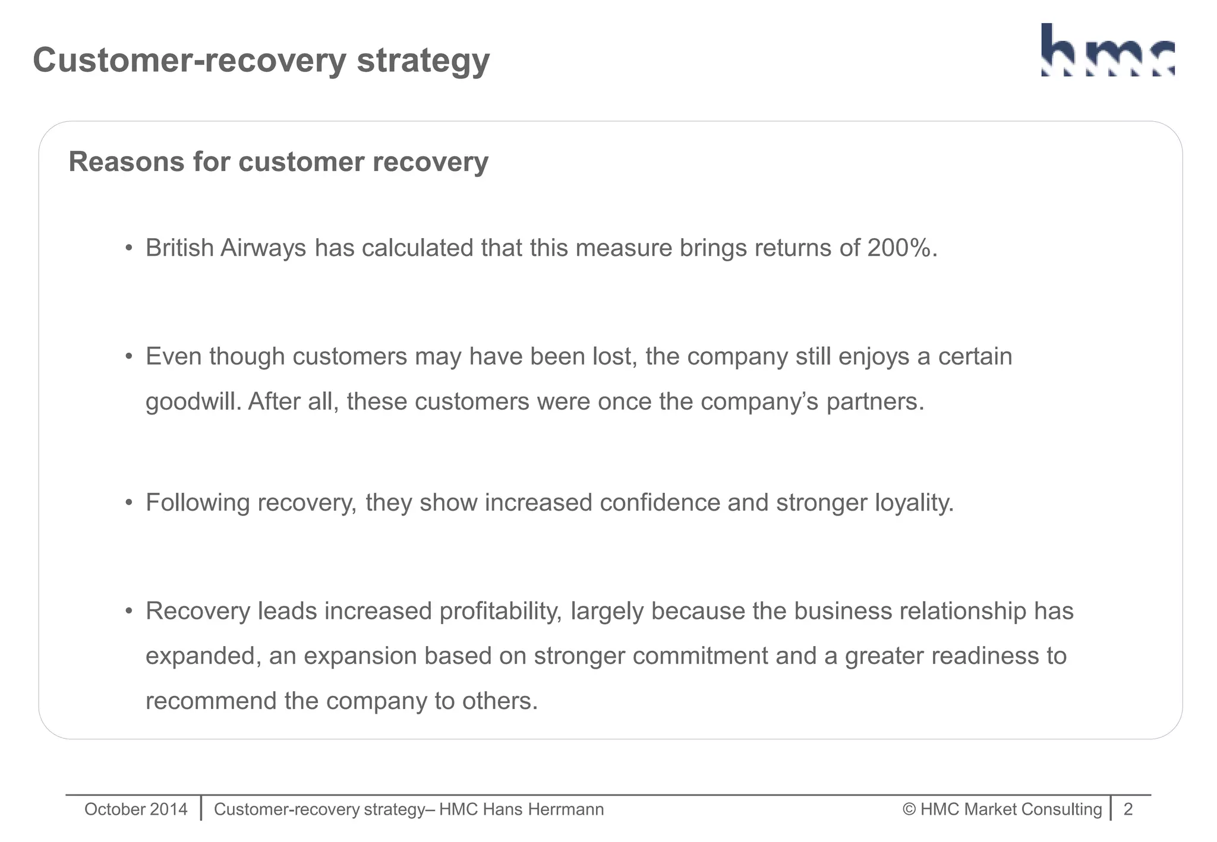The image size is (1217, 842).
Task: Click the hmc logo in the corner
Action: pyautogui.click(x=1108, y=50)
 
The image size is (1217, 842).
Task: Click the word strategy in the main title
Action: pyautogui.click(x=423, y=61)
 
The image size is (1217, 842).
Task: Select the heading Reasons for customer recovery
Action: pyautogui.click(x=278, y=162)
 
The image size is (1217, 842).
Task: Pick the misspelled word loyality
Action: pyautogui.click(x=914, y=503)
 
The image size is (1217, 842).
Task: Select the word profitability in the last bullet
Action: pyautogui.click(x=500, y=611)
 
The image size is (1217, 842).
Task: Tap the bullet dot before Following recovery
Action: pyautogui.click(x=128, y=503)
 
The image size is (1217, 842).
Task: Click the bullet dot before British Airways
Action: pyautogui.click(x=128, y=248)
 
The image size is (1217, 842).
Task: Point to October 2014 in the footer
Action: pyautogui.click(x=135, y=809)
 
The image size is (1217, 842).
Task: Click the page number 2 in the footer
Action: pyautogui.click(x=1128, y=809)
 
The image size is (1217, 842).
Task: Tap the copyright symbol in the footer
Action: pyautogui.click(x=909, y=809)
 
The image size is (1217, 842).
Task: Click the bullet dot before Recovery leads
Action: pyautogui.click(x=128, y=611)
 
